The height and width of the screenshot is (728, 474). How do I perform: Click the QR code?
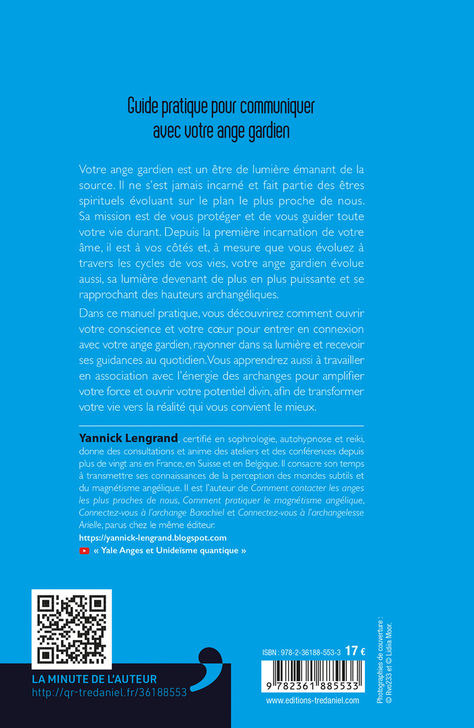pos(71,629)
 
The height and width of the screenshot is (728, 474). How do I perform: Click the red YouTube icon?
pos(84,551)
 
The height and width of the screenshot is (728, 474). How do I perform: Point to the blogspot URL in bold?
pos(153,537)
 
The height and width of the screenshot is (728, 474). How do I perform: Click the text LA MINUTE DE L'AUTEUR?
pos(94,679)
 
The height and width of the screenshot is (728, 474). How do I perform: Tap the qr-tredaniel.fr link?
pos(109,693)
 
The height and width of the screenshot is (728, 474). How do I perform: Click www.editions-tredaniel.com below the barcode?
pos(313,701)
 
